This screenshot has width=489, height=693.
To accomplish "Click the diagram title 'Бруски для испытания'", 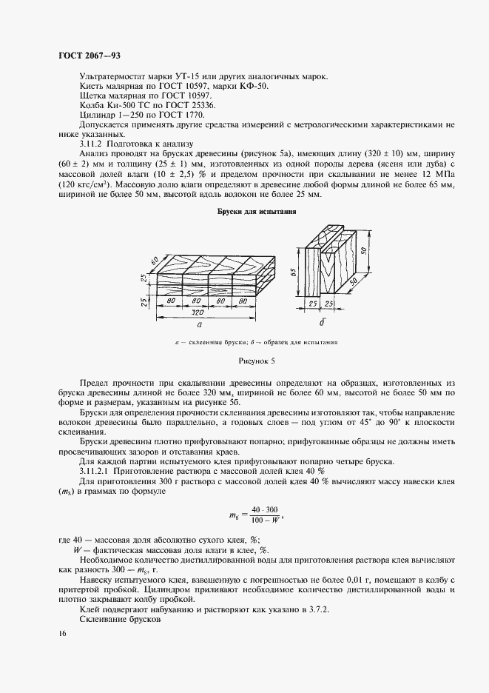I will (257, 212).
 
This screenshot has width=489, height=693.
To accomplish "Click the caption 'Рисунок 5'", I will (256, 361).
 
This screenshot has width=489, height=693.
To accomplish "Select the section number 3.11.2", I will (92, 143).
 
